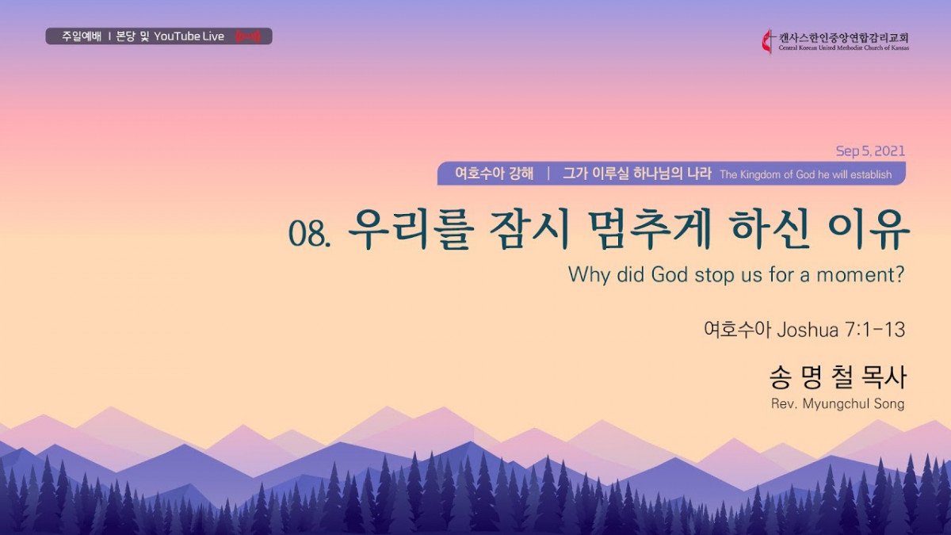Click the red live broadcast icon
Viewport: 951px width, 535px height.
248,36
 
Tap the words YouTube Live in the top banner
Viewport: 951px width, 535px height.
189,36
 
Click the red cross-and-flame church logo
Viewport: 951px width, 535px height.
767,41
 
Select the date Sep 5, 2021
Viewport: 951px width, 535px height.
870,151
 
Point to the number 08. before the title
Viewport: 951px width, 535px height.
310,234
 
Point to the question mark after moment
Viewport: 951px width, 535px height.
899,275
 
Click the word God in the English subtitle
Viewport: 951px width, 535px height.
670,275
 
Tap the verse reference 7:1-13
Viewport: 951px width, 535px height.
875,330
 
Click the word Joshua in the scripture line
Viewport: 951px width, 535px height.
808,330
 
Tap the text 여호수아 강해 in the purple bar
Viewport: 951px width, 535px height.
495,174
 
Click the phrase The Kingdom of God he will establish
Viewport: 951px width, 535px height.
806,174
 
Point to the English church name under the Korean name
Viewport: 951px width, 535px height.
843,48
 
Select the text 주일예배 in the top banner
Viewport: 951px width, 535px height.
82,36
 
